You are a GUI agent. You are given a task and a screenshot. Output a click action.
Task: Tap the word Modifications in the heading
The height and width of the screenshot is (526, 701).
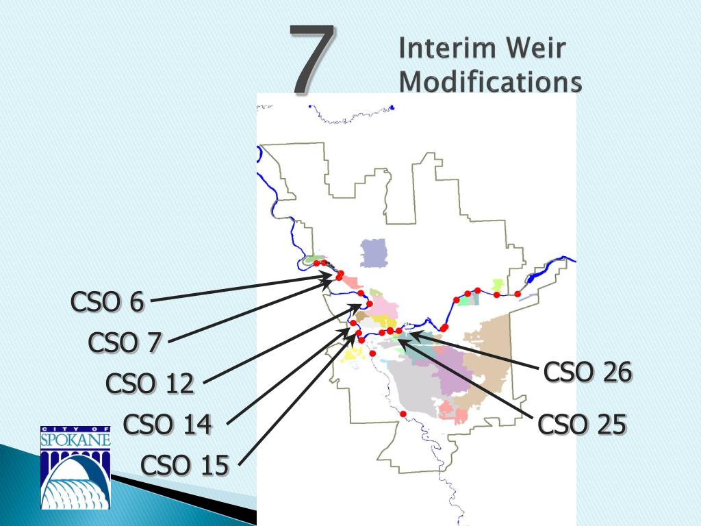490,82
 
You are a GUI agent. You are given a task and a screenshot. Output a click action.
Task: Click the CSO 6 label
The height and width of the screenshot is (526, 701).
107,301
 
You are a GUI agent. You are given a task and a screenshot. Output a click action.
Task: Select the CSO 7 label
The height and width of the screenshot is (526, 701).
124,342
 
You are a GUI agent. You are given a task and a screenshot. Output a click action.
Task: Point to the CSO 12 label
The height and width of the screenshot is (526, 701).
150,384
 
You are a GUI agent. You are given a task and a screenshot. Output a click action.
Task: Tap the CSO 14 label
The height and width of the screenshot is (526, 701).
168,425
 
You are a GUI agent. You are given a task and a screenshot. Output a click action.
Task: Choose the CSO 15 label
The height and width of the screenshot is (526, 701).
185,466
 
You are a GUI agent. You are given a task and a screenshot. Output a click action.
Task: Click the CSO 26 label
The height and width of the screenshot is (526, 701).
587,373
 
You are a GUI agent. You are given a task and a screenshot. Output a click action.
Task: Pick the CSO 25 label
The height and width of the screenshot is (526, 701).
582,425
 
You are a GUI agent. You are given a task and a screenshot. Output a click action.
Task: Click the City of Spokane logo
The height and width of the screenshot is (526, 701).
75,467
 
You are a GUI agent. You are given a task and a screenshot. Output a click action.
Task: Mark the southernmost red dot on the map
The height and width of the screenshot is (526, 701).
403,414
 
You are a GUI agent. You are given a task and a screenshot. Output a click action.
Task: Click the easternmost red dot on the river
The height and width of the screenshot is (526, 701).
518,294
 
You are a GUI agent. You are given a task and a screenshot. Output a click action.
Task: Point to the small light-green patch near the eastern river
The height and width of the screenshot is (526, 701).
498,284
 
